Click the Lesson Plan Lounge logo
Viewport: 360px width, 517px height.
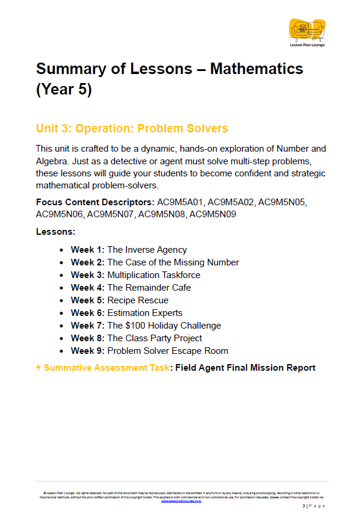[306, 31]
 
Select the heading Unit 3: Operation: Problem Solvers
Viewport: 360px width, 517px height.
[132, 128]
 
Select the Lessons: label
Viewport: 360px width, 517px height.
[55, 231]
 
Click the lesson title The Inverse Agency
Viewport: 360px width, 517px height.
[147, 250]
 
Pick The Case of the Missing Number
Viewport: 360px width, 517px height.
[173, 262]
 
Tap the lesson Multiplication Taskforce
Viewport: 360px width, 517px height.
[154, 275]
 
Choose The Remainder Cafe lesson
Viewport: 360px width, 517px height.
[149, 288]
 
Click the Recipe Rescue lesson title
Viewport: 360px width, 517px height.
[138, 300]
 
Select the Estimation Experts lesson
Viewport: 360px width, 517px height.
[144, 313]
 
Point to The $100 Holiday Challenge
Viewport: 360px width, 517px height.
[164, 326]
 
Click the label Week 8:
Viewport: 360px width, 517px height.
[88, 338]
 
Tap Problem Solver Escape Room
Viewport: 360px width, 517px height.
[167, 351]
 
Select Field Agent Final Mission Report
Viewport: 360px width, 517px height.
[245, 368]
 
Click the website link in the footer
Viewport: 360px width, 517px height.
[181, 501]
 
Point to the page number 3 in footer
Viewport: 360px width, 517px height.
[304, 506]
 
